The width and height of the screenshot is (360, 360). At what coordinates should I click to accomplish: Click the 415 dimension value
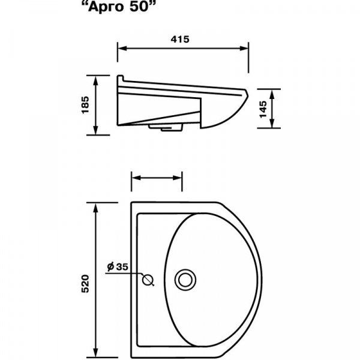pyautogui.click(x=180, y=40)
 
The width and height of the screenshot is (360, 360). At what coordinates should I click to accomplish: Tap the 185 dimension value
pyautogui.click(x=85, y=104)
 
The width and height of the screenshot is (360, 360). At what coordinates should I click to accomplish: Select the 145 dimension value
pyautogui.click(x=263, y=109)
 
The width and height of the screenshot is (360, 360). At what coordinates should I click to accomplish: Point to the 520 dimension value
pyautogui.click(x=85, y=284)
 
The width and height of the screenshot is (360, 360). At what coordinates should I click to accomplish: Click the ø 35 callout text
pyautogui.click(x=118, y=267)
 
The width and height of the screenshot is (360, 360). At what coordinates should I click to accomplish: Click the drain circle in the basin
pyautogui.click(x=185, y=280)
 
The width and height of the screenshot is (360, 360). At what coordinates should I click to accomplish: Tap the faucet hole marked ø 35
pyautogui.click(x=148, y=280)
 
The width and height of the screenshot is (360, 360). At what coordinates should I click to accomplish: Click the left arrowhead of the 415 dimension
pyautogui.click(x=122, y=49)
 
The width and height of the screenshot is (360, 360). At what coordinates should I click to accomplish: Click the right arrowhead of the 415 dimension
pyautogui.click(x=244, y=49)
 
